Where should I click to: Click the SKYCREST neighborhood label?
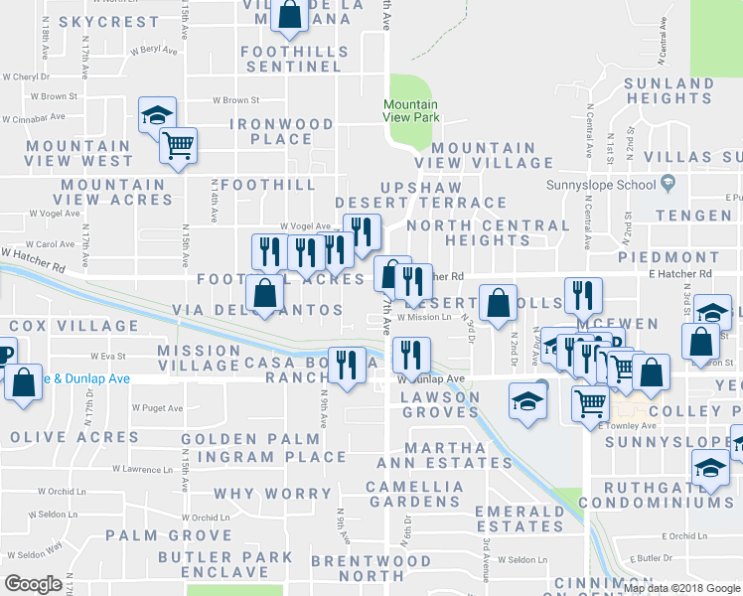pos(108,21)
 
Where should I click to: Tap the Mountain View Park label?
pos(411,110)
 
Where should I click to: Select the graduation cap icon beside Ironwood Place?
pos(157,115)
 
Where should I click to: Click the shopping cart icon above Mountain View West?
pos(179,146)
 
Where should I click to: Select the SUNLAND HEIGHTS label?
pos(669,89)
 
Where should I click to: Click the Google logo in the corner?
pos(33,584)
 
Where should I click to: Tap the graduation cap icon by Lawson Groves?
pos(525,401)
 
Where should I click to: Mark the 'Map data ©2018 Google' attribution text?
pos(680,587)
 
